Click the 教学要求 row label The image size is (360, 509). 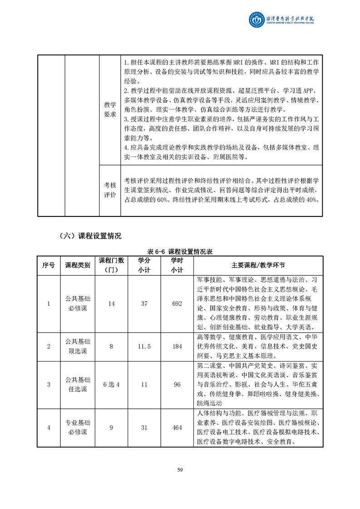(110, 109)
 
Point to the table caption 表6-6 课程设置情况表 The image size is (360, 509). (180, 252)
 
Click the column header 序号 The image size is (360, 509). (49, 265)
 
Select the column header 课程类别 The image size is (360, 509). (78, 265)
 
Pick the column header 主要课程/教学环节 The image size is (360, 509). (258, 265)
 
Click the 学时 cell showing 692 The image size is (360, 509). (177, 303)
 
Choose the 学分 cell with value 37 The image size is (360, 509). (144, 303)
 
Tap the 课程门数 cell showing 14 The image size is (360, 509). (112, 303)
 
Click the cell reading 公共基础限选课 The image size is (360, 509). (78, 347)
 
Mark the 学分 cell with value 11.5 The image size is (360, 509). (144, 347)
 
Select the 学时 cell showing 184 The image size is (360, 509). (177, 347)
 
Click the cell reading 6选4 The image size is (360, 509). (112, 385)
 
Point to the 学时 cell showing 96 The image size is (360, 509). (177, 385)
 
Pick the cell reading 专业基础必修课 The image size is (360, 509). (78, 428)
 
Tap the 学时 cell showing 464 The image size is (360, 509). (177, 428)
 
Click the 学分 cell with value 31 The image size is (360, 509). (144, 428)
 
